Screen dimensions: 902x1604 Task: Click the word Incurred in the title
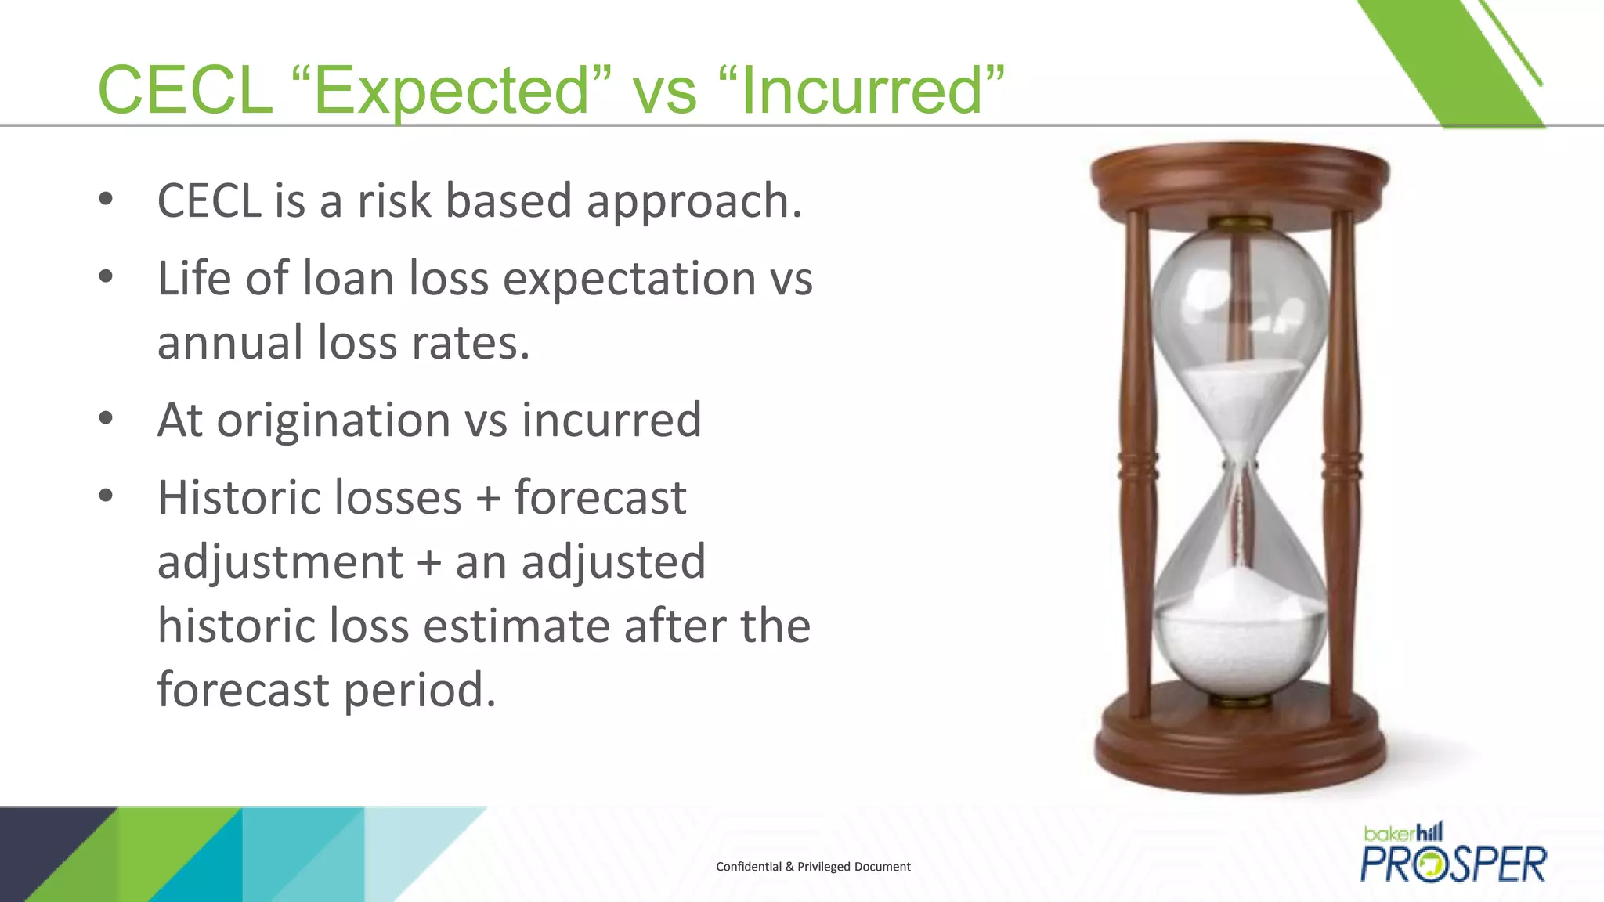861,91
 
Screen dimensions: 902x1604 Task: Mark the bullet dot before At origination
106,418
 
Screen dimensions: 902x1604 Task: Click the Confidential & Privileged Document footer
813,867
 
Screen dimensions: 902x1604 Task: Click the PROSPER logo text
1453,864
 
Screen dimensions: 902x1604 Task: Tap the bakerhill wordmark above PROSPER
1403,832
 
